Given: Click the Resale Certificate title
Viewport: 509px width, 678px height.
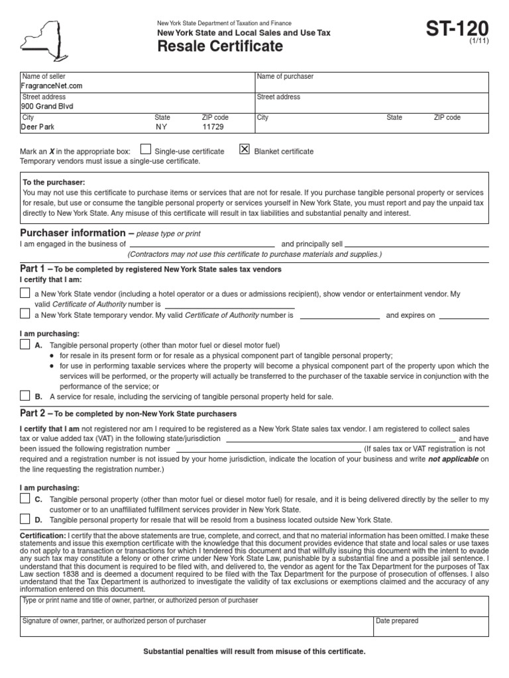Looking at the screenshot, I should (219, 46).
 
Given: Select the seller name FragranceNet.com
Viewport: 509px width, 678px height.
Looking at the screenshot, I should (52, 86).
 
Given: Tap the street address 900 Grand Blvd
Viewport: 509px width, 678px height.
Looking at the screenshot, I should (48, 106).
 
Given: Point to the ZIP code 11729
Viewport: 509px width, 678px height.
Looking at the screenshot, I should (213, 126).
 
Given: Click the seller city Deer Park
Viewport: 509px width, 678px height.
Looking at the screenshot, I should (38, 126).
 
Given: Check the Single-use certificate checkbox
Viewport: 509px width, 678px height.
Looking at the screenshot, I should (146, 150).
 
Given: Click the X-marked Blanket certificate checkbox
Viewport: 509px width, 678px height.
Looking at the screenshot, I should (245, 150).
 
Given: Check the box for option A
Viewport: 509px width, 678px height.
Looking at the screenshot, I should (25, 345).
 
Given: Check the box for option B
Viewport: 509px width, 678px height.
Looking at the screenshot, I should (25, 395).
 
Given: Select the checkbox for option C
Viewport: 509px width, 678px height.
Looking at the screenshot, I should (25, 499).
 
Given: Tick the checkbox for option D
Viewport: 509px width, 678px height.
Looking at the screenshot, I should (25, 519).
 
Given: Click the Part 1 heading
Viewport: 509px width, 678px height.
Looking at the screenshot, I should (33, 269).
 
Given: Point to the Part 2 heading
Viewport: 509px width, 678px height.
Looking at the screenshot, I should (33, 412).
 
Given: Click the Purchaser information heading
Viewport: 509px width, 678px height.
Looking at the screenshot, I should (73, 233).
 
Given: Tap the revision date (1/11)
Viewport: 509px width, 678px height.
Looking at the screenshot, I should (479, 41).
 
